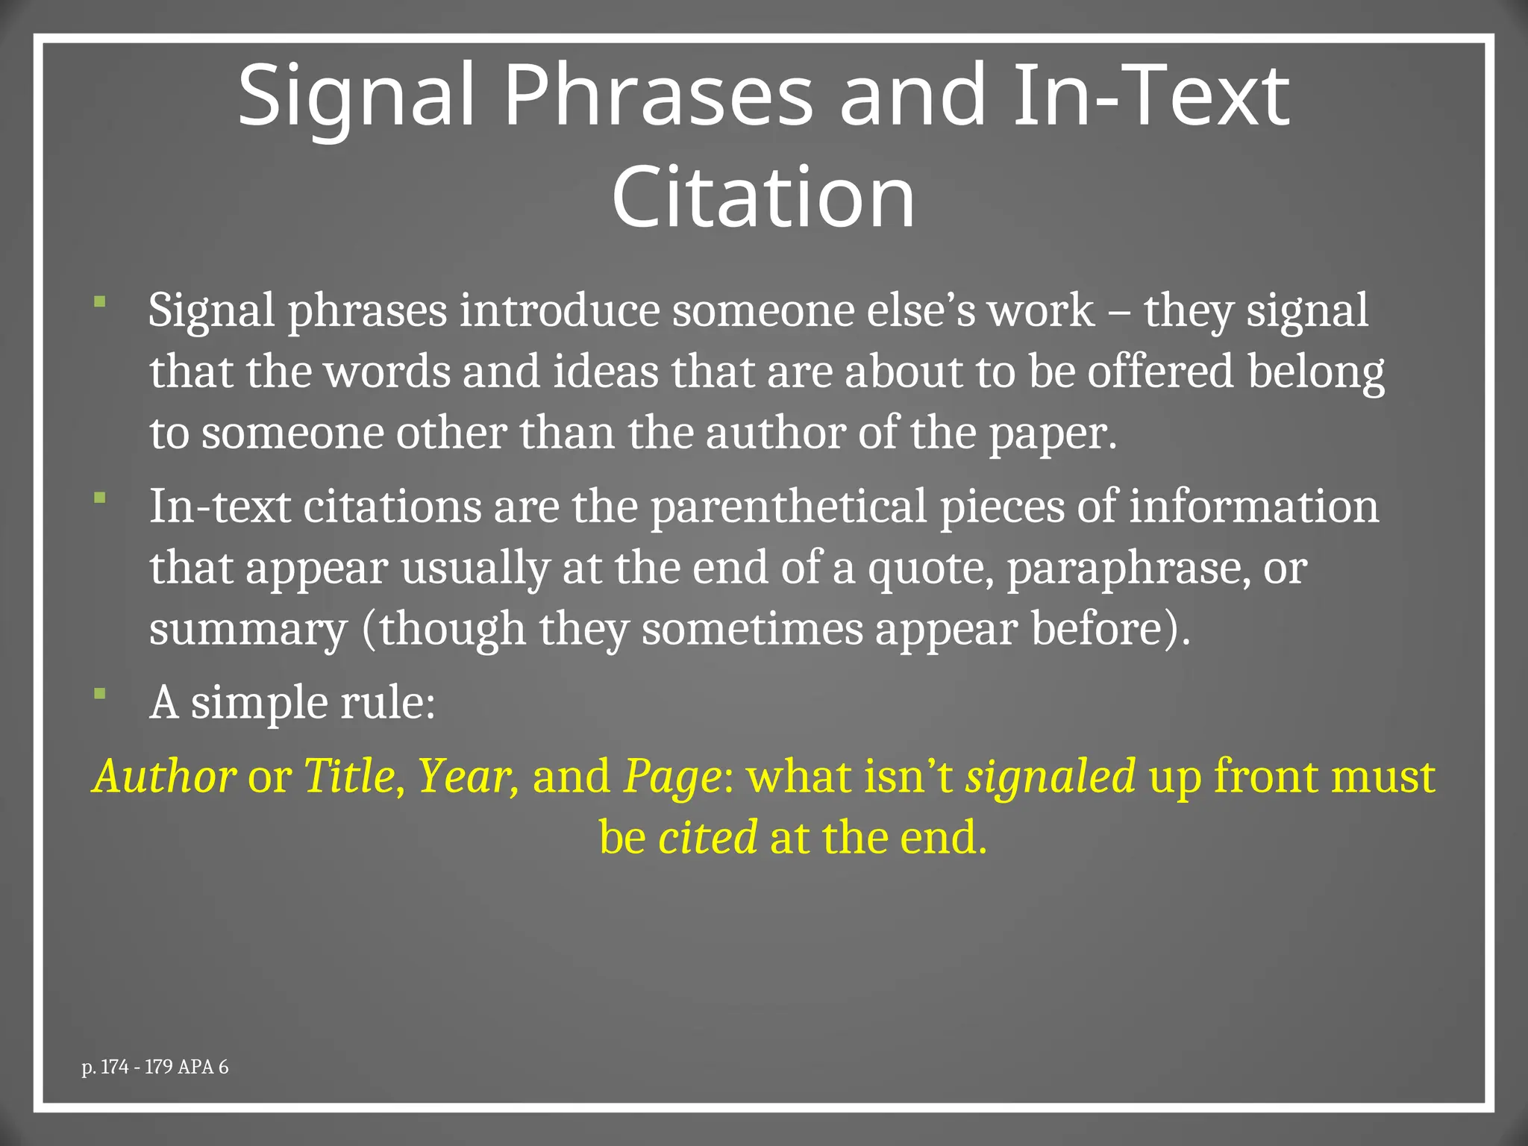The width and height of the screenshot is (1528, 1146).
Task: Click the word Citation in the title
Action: pos(763,197)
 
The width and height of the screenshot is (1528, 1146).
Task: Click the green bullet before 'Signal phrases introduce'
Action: pos(100,301)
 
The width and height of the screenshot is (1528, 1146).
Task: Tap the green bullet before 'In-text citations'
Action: pos(100,497)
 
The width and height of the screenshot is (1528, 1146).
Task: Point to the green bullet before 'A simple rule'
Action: pos(100,694)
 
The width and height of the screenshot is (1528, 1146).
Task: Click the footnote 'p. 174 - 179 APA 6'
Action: pos(155,1067)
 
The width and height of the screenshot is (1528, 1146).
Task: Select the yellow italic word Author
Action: pos(165,777)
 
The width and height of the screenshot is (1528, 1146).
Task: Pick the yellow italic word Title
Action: pos(349,777)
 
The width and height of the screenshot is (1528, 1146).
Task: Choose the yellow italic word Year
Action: pos(465,777)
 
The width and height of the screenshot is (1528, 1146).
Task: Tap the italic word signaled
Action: pos(1050,777)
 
